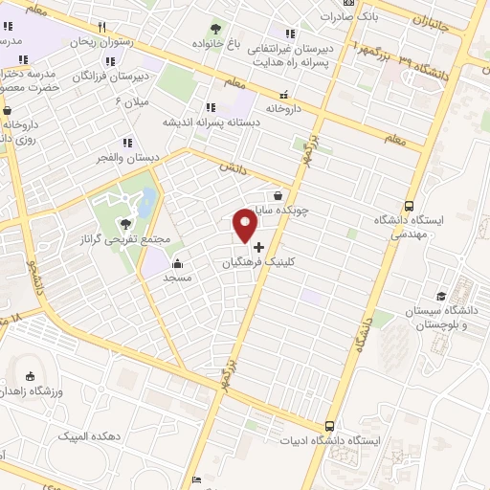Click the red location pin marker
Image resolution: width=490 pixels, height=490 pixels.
coord(246,227)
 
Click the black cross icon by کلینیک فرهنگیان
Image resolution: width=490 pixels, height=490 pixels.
coord(258,246)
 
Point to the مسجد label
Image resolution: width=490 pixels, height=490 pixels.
coord(178,278)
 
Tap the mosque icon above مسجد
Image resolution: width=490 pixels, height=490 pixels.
coord(176,263)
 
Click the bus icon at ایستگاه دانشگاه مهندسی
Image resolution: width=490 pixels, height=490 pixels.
coord(410,205)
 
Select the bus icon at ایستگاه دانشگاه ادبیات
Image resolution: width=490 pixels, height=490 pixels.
coord(330,426)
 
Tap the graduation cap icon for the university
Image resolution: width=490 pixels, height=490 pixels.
coord(441,297)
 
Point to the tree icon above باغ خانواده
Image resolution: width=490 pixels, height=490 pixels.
coord(215,28)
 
